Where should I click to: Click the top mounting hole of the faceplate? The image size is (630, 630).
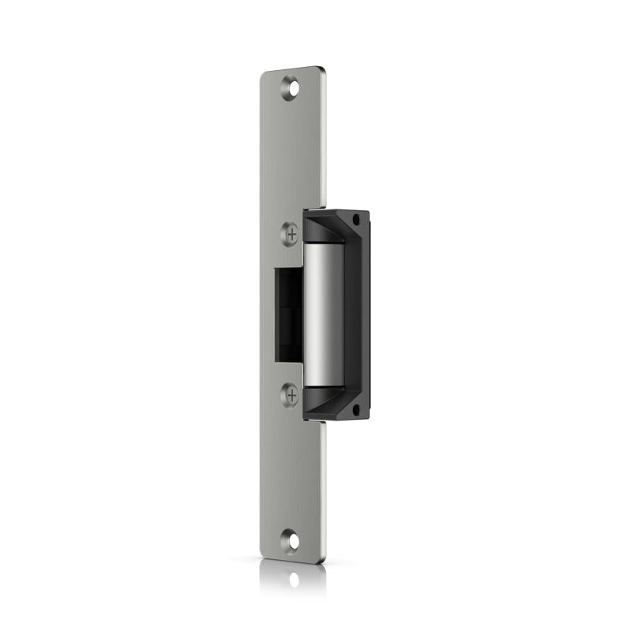tap(292, 88)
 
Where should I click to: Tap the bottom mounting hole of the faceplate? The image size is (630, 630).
tap(292, 541)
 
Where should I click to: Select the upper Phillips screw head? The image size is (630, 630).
tap(291, 233)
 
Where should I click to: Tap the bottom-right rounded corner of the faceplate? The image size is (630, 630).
tap(321, 560)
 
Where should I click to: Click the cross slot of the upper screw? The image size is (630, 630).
tap(291, 233)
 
